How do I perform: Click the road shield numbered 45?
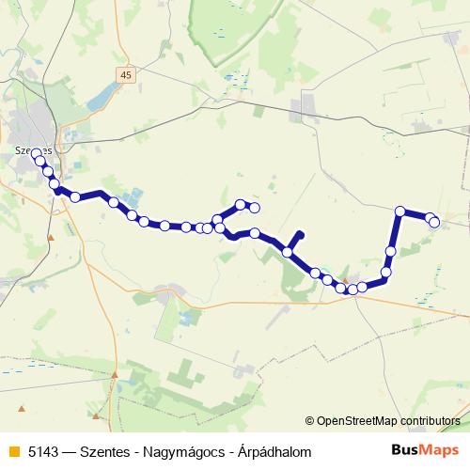point(127,73)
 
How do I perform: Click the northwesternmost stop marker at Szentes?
point(36,153)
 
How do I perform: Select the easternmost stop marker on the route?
point(435,222)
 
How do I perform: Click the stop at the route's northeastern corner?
point(400,211)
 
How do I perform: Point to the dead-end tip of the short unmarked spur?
point(301,233)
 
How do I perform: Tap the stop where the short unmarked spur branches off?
point(288,252)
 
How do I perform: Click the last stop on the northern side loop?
point(254,207)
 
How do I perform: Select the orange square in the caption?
point(12,452)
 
